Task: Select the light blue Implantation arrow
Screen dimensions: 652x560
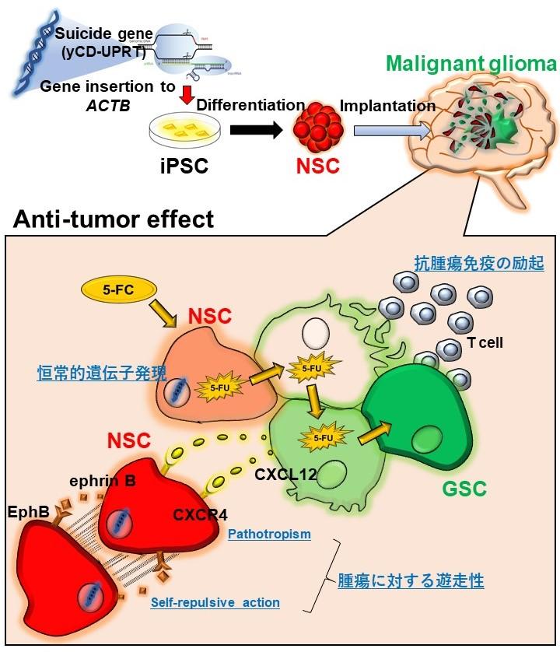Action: [x=389, y=131]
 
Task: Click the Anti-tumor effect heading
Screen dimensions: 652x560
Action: [x=114, y=219]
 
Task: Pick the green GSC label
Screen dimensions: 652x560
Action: [x=464, y=488]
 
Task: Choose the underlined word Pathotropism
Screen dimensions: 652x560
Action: [x=269, y=535]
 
